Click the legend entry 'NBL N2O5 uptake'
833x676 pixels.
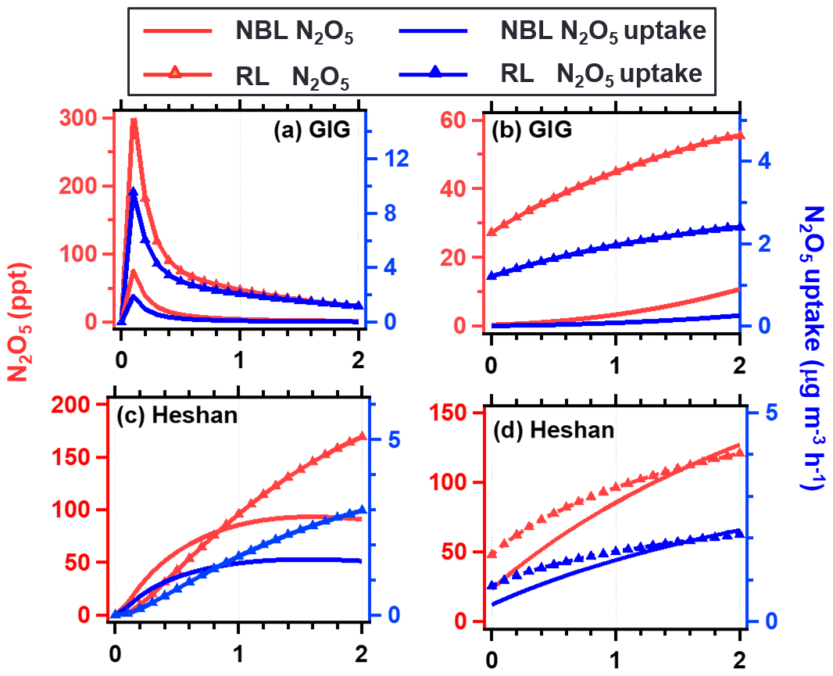[x=602, y=31]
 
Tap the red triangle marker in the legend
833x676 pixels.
[x=176, y=74]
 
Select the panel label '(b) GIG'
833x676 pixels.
[x=531, y=131]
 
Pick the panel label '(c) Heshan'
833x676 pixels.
[x=177, y=415]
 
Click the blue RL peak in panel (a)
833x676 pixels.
[x=133, y=192]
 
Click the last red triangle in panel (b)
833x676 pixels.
[x=739, y=135]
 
